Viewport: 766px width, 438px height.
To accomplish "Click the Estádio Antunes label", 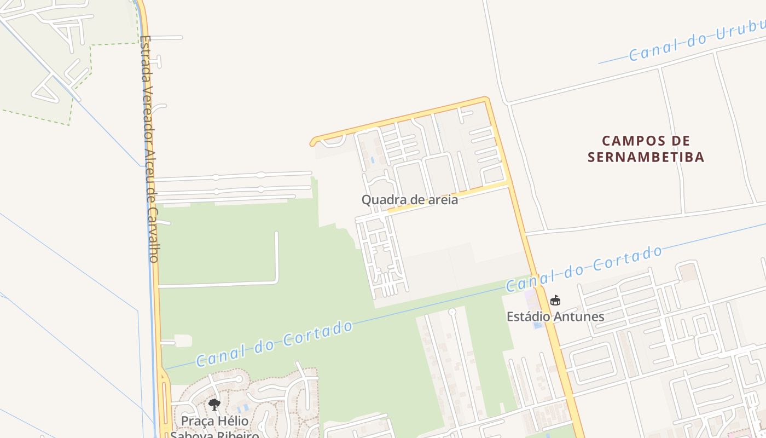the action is tap(555, 316).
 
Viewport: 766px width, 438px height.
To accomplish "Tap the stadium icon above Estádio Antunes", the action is tap(555, 300).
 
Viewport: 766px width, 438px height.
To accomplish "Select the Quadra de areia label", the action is tap(410, 200).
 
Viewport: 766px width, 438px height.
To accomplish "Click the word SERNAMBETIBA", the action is tap(646, 158).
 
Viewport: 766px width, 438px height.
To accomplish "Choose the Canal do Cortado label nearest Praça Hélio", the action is tap(275, 343).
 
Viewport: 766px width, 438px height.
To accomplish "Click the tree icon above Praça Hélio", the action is tap(214, 405).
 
